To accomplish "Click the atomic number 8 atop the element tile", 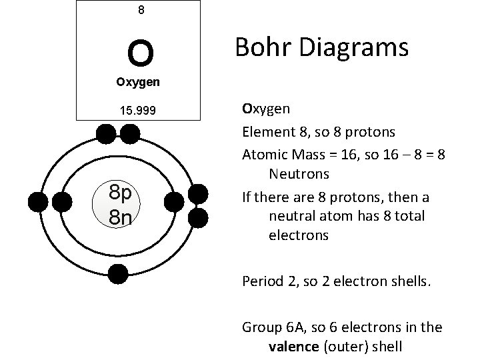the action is (141, 10).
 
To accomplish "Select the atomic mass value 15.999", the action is (139, 111).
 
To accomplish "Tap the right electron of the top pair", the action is (129, 135).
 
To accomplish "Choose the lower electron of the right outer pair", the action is (198, 217).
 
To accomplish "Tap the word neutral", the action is (290, 216).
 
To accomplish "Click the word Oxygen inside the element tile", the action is (138, 83).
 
